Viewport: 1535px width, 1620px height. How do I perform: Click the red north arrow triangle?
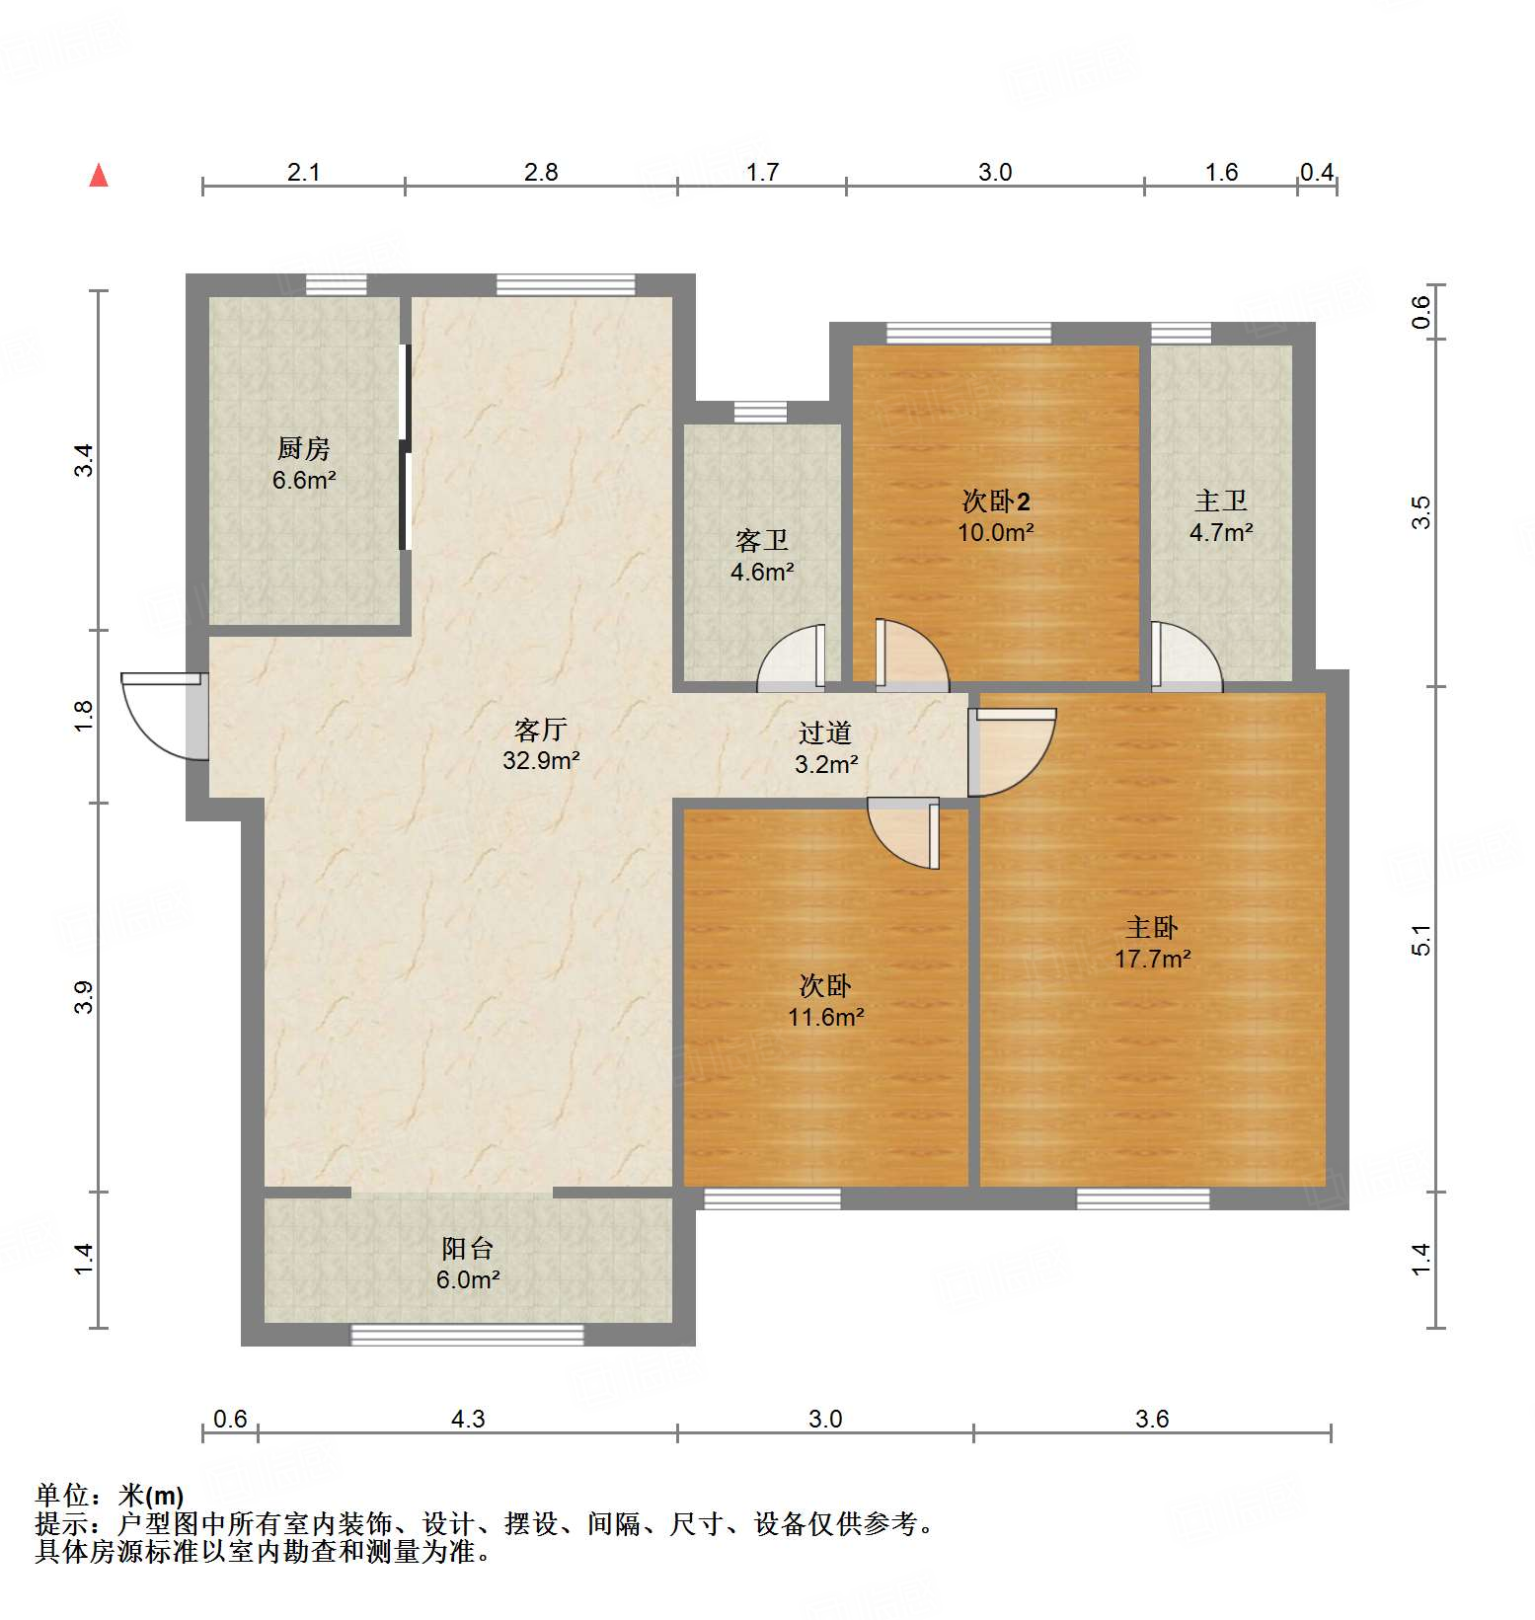point(99,176)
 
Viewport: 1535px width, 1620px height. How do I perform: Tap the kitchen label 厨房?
point(303,449)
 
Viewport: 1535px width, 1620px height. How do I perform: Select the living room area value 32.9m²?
point(541,761)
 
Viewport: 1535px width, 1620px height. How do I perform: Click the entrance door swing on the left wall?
point(158,716)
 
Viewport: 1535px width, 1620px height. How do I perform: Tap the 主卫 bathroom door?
point(1186,656)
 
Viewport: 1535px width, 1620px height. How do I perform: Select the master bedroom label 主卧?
point(1152,928)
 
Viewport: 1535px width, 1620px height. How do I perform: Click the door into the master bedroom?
point(1013,750)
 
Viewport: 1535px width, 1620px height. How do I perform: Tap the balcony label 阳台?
point(467,1249)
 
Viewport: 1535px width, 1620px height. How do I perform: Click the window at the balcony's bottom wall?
point(467,1335)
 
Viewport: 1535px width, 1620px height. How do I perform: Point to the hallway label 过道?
point(825,733)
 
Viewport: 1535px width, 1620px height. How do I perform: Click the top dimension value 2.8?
point(541,173)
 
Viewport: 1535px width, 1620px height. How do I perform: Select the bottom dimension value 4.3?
point(468,1420)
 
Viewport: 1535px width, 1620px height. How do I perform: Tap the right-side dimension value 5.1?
point(1420,940)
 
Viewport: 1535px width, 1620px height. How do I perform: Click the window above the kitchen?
point(336,285)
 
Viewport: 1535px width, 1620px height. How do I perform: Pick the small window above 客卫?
point(760,412)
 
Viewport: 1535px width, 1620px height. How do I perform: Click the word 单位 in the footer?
point(61,1496)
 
